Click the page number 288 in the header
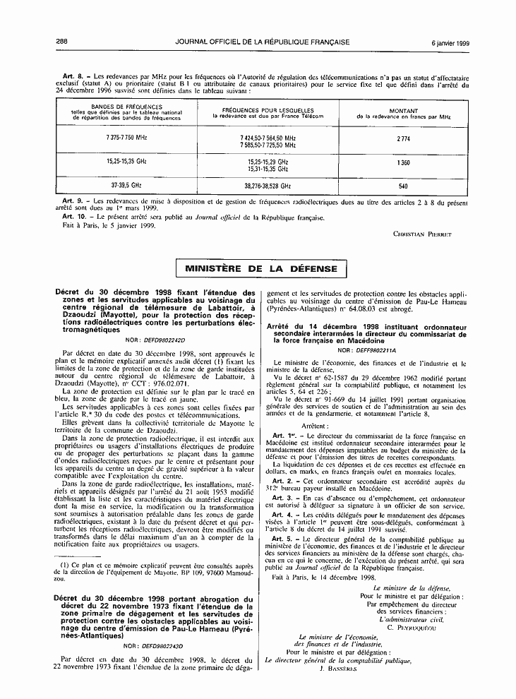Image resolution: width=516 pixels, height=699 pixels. pyautogui.click(x=61, y=42)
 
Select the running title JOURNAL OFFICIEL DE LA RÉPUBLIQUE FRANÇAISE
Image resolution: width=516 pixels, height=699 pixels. pyautogui.click(x=263, y=42)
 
